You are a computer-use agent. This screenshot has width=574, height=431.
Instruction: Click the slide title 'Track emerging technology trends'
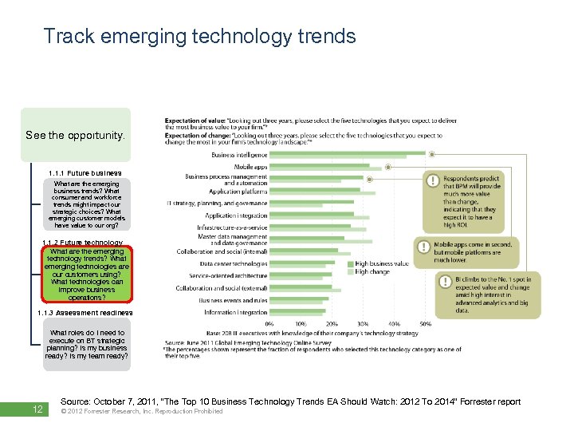(199, 36)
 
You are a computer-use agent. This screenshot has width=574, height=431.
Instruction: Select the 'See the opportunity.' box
(76, 135)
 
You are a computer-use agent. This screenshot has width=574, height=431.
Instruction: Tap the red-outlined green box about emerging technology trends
(87, 275)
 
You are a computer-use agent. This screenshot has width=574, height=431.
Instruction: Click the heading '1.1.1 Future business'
(85, 172)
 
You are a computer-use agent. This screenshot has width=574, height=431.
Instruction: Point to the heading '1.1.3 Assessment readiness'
(87, 313)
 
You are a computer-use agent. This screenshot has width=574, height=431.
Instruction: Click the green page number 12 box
(37, 409)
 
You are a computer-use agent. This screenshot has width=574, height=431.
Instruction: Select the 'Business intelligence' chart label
(239, 155)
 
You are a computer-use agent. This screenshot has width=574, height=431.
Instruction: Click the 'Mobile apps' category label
(250, 166)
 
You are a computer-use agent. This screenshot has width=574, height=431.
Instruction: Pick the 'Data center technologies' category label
(233, 263)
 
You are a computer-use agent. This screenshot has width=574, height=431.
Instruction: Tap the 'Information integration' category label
(235, 312)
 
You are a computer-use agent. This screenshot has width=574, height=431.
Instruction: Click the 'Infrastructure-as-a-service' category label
(232, 227)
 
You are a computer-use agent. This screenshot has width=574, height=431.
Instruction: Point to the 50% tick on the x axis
(426, 323)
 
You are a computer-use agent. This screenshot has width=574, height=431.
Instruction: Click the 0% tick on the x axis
(269, 323)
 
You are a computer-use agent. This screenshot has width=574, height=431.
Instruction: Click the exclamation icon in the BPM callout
(431, 181)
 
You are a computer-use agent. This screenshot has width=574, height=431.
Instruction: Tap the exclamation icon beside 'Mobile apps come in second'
(421, 247)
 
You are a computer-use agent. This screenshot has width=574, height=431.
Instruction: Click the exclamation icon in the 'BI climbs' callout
(443, 281)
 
